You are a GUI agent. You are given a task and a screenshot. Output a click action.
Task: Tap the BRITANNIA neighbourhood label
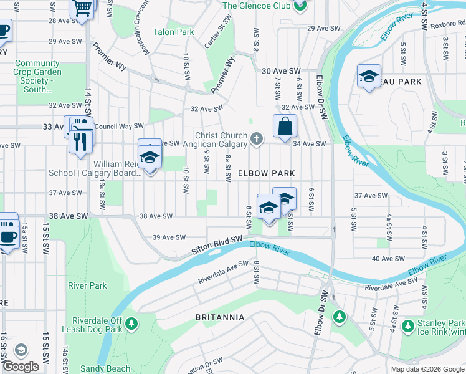[220, 317]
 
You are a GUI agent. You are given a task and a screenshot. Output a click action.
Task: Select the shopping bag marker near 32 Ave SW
[285, 126]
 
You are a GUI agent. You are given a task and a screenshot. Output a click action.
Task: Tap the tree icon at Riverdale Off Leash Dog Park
[131, 323]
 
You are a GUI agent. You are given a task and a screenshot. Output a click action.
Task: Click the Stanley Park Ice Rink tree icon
[408, 325]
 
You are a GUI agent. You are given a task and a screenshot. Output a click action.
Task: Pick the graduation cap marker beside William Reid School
[150, 156]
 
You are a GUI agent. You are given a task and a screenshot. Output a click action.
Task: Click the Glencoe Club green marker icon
[300, 6]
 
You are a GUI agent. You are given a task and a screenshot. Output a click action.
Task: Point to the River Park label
[87, 286]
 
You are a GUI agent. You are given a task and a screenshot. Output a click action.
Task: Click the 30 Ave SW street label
[281, 72]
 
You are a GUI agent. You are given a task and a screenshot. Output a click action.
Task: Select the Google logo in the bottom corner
[21, 367]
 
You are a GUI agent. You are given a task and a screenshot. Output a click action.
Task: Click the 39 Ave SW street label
[169, 237]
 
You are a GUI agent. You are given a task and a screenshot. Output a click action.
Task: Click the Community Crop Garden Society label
[37, 76]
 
